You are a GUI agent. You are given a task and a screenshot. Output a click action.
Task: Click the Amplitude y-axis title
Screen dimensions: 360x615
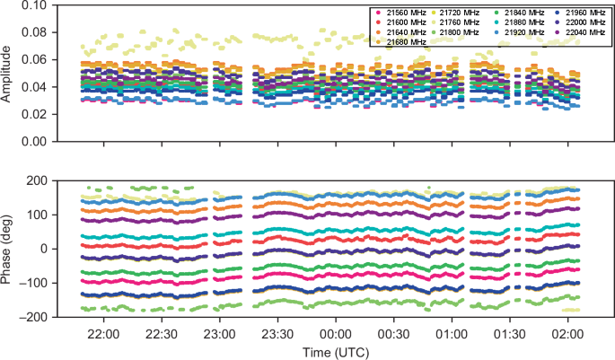click(10, 73)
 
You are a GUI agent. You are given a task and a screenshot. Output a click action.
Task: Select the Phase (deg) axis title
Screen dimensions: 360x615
click(10, 249)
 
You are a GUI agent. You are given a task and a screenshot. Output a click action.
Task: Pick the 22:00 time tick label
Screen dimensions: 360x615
click(104, 333)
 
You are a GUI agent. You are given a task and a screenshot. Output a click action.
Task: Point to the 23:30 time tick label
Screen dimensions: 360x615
click(278, 333)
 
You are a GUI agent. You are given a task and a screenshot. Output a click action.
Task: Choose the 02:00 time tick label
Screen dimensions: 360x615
click(567, 333)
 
